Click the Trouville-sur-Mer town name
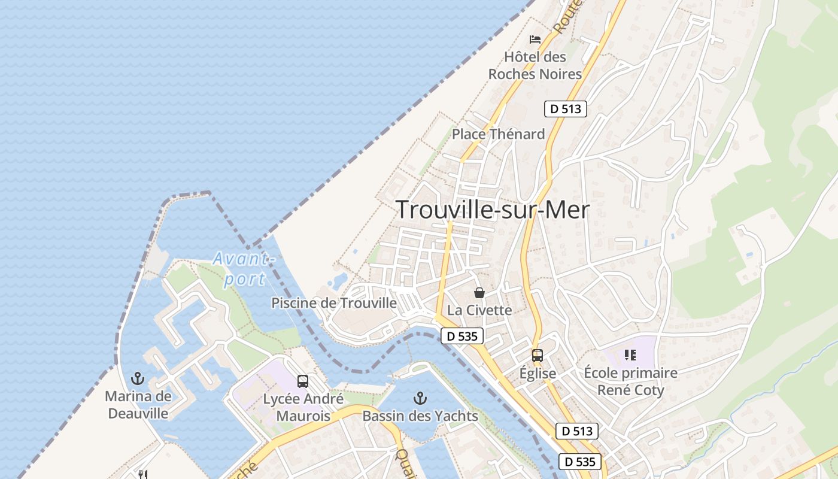493,210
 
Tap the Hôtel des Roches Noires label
535,66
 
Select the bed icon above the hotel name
535,40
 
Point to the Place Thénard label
498,134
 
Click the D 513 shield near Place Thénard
565,109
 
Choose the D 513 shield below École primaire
577,431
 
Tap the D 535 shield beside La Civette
462,336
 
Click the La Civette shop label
479,310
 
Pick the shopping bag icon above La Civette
479,293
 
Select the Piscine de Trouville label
334,303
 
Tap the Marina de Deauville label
138,405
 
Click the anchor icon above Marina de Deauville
138,378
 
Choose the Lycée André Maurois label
303,407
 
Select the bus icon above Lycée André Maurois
303,381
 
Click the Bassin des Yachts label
420,416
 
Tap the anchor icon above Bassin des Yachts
420,398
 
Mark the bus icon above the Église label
538,355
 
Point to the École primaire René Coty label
630,381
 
